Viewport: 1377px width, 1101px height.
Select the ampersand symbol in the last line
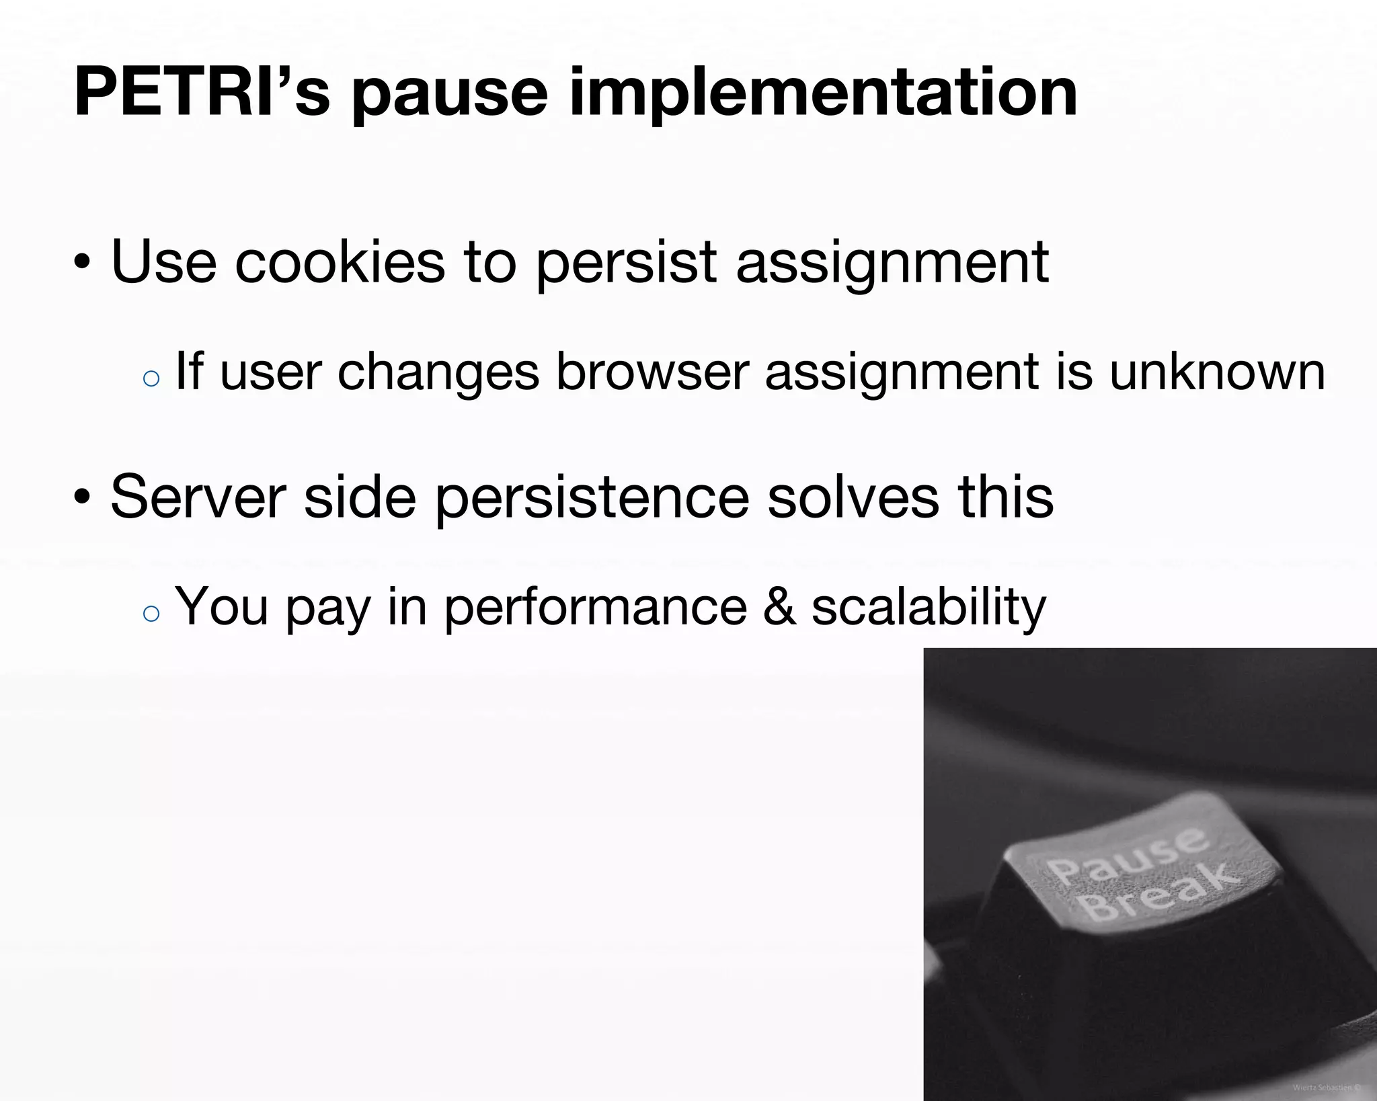click(x=779, y=606)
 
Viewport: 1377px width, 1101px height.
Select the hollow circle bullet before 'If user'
click(x=152, y=378)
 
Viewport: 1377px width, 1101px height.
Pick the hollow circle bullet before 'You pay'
click(x=152, y=613)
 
